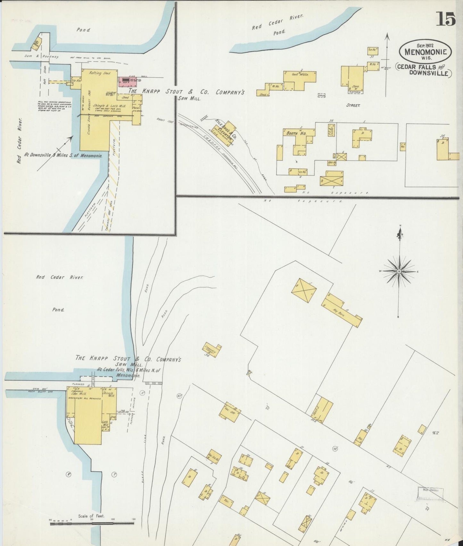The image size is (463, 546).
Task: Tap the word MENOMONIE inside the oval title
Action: pyautogui.click(x=425, y=51)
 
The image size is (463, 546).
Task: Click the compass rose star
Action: pyautogui.click(x=399, y=272)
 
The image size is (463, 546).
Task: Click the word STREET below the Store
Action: pyautogui.click(x=353, y=105)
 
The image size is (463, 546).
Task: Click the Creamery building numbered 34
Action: pyautogui.click(x=211, y=351)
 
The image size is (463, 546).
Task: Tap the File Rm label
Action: pyautogui.click(x=76, y=81)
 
